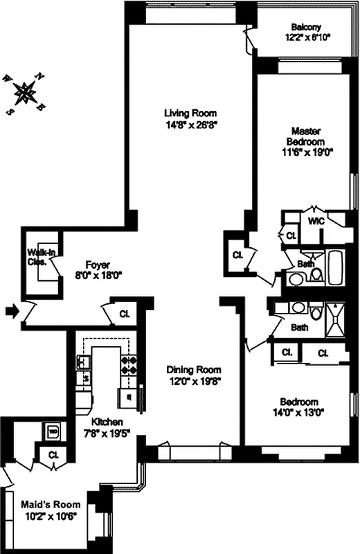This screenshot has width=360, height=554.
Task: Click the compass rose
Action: coord(26,91)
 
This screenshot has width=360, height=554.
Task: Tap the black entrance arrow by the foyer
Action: coord(12,312)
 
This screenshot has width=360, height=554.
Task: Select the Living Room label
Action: coord(190,113)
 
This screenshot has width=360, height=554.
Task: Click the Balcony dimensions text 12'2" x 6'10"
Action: coord(307,37)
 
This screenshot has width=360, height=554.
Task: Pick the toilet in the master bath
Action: coord(316,274)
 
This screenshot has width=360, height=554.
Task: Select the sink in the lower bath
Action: coord(298,308)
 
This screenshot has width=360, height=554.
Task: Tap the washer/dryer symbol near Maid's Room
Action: coord(53,431)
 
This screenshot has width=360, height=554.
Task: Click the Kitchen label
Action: coord(108,422)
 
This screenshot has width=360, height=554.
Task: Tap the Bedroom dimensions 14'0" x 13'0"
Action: coord(298,413)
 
